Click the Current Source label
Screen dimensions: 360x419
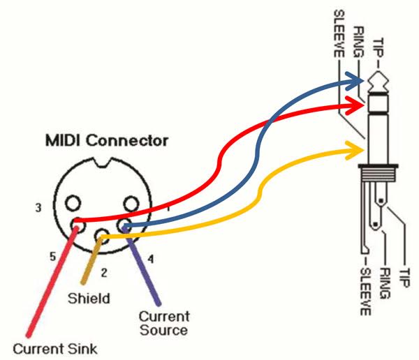tap(163, 322)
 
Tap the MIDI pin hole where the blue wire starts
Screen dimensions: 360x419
tap(126, 225)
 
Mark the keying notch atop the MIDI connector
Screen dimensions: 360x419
tap(101, 166)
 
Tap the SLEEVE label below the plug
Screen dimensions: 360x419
tap(364, 290)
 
